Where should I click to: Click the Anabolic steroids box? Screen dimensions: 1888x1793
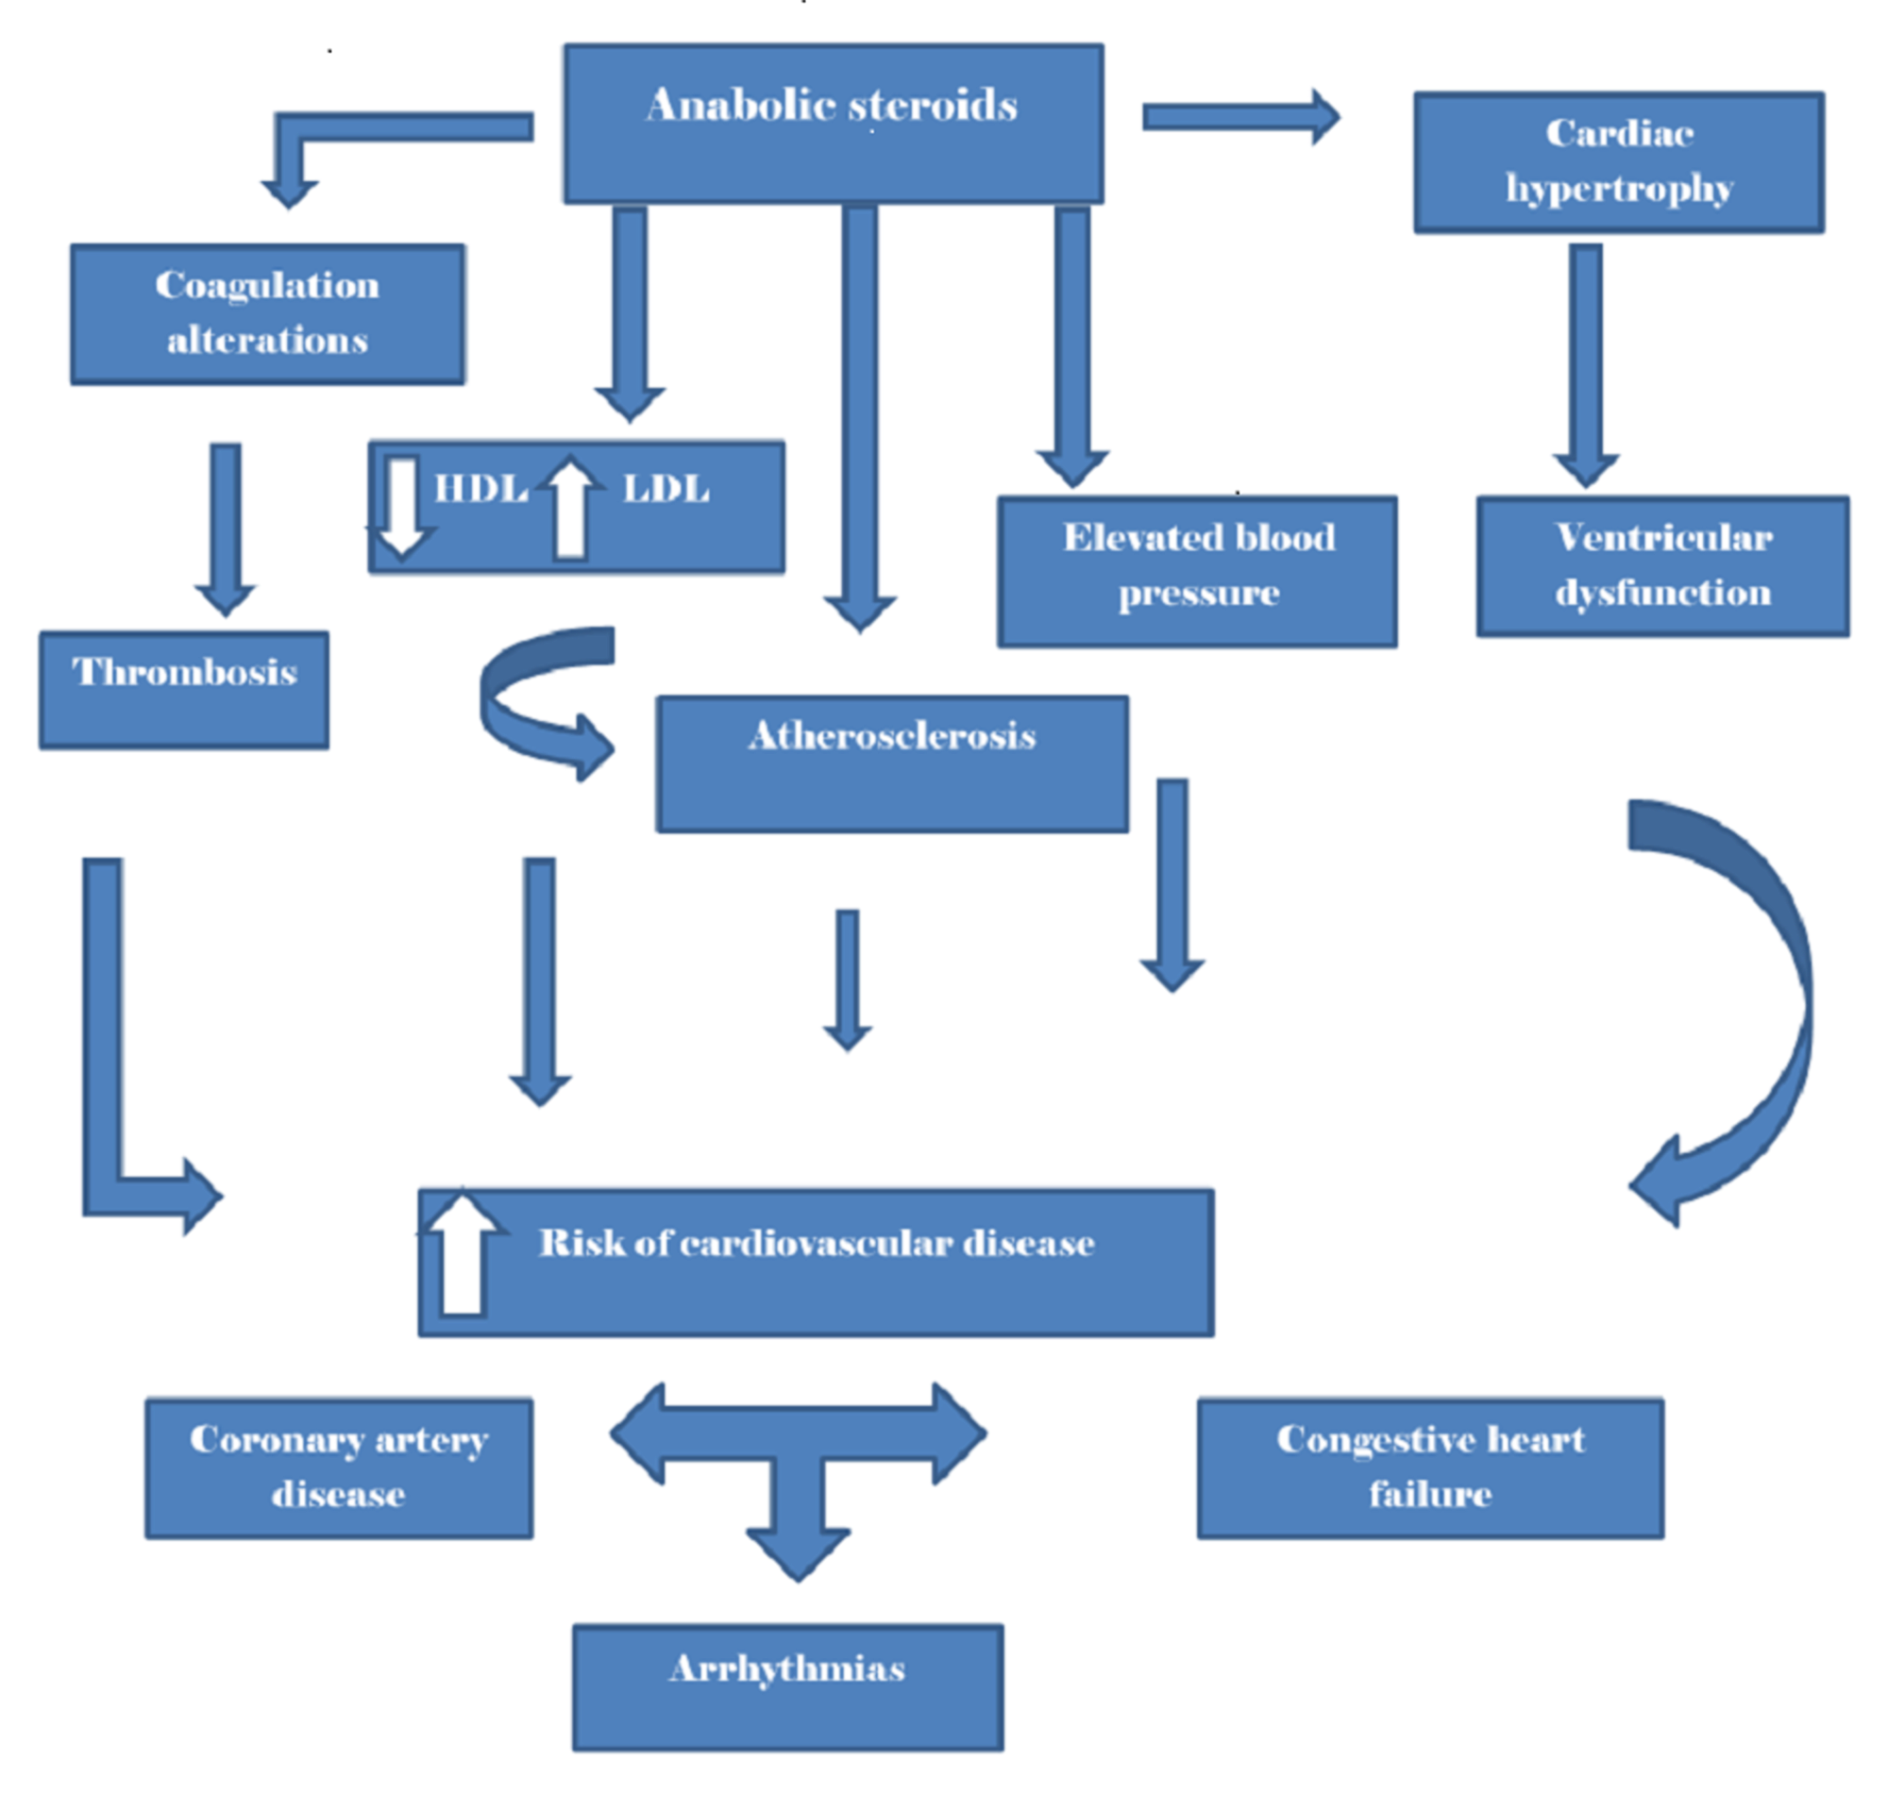pos(834,124)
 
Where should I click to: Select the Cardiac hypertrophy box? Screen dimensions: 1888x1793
pos(1619,162)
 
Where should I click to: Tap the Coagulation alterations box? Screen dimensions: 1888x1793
pos(268,314)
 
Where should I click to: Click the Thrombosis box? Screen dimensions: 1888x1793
pos(184,689)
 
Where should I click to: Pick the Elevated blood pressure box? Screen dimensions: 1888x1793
pos(1198,572)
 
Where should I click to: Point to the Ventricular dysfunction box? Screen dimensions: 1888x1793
pos(1663,566)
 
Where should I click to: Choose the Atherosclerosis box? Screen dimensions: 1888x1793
pos(892,763)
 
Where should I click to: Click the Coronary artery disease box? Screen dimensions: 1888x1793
pos(339,1469)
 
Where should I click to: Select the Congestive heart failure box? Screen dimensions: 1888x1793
pos(1431,1469)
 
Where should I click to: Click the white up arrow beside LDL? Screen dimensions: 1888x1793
pos(571,507)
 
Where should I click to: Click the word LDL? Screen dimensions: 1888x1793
pos(666,489)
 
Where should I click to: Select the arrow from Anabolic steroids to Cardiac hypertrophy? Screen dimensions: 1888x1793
pos(1241,117)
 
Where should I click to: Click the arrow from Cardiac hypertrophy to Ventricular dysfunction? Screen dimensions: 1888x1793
pos(1586,366)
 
